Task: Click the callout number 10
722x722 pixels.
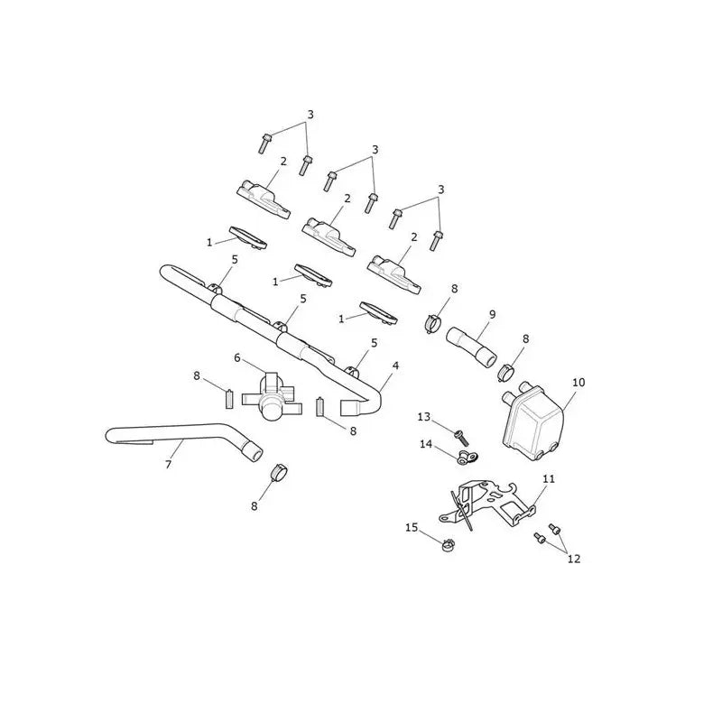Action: tap(579, 382)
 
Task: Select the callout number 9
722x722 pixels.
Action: tap(492, 314)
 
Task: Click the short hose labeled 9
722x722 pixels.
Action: tap(471, 347)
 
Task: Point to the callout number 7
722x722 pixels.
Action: tap(168, 465)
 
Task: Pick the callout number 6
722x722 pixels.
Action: tap(237, 357)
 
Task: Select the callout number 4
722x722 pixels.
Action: tap(395, 366)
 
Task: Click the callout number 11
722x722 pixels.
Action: tap(549, 479)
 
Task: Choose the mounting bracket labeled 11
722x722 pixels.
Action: tap(488, 505)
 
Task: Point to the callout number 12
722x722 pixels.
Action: tap(574, 559)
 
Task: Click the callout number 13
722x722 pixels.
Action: tap(423, 417)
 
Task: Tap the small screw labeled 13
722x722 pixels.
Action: tap(461, 437)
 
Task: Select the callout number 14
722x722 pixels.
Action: tap(426, 444)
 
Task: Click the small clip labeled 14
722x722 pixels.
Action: tap(467, 458)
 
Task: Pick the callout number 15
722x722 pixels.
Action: tap(412, 527)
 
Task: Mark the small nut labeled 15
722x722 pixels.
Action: tap(447, 546)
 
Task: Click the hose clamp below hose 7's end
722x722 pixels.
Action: tap(278, 472)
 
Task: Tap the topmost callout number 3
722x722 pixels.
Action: tap(310, 115)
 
